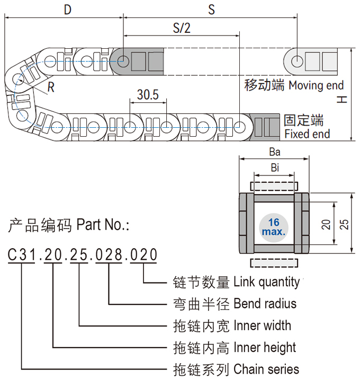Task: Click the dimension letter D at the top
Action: pos(68,10)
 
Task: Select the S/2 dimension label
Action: pos(181,28)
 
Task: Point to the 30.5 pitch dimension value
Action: pos(148,95)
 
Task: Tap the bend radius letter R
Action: pos(51,87)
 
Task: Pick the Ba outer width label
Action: pos(274,152)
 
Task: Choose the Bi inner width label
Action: pos(274,168)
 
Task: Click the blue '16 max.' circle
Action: pos(274,226)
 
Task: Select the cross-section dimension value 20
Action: pos(326,224)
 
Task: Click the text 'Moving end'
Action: pos(316,85)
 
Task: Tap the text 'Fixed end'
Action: pos(307,134)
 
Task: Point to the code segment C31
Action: pos(21,255)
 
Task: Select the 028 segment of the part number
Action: pos(109,255)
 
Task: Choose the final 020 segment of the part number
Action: pos(144,255)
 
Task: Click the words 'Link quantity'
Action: pos(266,282)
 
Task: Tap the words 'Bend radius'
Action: pos(265,304)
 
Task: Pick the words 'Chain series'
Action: pos(266,369)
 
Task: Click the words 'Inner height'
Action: pos(265,347)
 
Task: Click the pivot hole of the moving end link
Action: pos(296,61)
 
